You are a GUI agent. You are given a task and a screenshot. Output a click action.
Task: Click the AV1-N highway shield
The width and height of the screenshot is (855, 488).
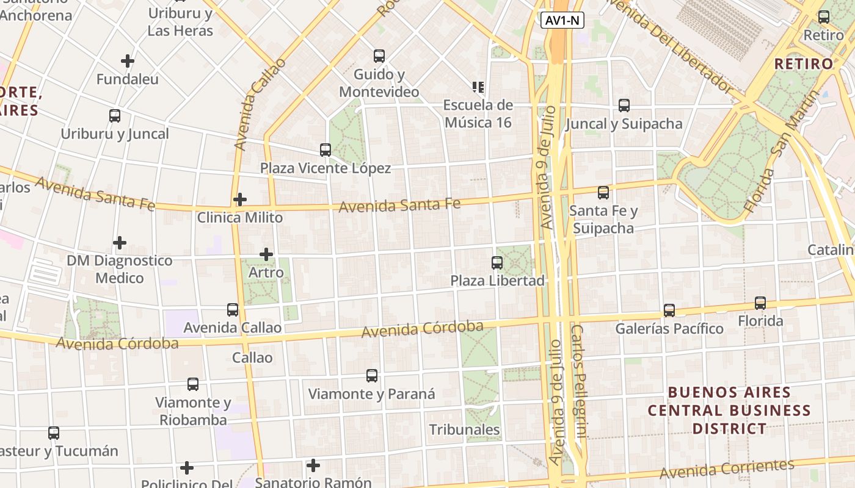point(562,21)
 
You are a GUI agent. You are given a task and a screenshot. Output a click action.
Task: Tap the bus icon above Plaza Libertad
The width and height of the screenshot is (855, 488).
point(497,263)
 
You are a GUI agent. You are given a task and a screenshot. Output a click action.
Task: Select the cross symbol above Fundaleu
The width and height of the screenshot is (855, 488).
point(128,61)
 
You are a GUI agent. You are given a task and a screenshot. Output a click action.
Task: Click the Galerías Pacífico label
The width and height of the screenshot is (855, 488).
point(669,329)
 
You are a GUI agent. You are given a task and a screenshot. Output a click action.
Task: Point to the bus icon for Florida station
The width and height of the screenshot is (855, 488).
point(760,303)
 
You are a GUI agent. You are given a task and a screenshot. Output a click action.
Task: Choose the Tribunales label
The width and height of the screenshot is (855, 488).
point(465,429)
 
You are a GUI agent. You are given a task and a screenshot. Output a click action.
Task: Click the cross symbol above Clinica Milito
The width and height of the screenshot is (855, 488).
point(240,199)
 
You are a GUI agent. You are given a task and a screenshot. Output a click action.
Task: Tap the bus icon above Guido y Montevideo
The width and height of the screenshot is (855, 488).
point(379,56)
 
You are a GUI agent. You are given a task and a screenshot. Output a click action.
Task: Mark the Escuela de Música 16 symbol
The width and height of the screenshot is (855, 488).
point(478,87)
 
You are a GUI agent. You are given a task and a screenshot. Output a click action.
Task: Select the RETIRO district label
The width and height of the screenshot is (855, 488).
point(803,63)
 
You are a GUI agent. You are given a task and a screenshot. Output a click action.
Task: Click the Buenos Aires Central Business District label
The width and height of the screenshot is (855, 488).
point(729,410)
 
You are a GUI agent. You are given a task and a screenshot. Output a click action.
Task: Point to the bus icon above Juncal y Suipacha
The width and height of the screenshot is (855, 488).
point(624,106)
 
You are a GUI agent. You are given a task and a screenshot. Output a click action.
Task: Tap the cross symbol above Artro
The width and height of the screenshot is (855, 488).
point(266,254)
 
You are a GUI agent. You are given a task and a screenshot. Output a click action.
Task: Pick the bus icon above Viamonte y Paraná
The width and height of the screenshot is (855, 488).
point(372,376)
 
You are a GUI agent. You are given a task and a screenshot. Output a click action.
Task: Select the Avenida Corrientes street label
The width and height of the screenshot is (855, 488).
point(727,469)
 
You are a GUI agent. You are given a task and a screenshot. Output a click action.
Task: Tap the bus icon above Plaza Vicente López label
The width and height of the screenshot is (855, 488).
point(326,150)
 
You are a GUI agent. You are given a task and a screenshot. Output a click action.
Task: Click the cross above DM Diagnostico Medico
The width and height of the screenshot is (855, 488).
point(120,243)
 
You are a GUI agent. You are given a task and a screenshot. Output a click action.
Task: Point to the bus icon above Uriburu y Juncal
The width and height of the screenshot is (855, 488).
point(115,116)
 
